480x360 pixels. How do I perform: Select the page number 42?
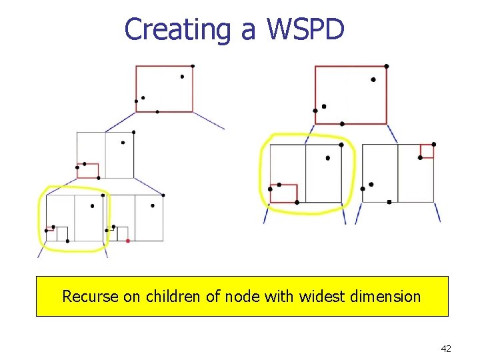click(x=446, y=348)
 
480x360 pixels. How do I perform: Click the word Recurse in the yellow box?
click(x=90, y=296)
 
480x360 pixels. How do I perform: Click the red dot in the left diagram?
click(x=127, y=241)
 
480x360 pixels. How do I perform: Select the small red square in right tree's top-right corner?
click(x=427, y=151)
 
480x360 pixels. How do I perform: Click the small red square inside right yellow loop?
click(x=283, y=193)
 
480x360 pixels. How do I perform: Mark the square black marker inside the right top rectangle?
click(x=324, y=106)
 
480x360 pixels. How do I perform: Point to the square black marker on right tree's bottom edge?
click(x=389, y=201)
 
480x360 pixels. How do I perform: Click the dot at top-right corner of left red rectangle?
click(x=193, y=66)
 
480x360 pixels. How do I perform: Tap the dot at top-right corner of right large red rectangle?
click(x=387, y=66)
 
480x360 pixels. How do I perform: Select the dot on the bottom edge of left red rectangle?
click(x=157, y=112)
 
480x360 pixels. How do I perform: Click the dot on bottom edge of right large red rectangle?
click(x=342, y=124)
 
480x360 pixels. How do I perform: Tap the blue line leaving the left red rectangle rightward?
click(x=209, y=121)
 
